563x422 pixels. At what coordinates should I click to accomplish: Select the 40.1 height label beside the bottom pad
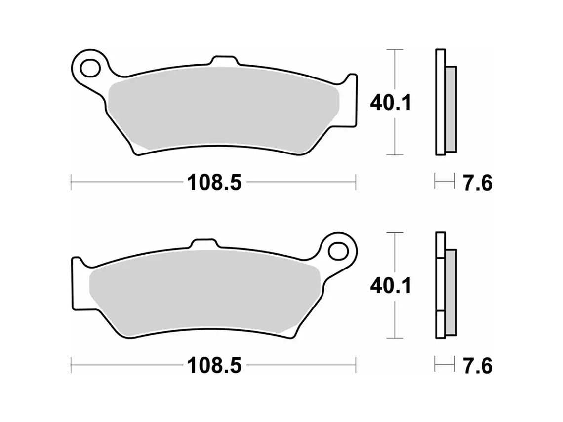click(391, 286)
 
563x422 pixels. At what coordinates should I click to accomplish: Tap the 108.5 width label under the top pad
click(214, 183)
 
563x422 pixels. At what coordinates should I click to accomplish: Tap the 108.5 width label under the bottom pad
click(214, 366)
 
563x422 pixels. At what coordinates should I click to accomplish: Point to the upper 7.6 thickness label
click(477, 183)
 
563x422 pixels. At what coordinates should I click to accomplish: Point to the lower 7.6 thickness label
click(477, 366)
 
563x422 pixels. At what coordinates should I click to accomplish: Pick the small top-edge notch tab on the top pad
click(225, 61)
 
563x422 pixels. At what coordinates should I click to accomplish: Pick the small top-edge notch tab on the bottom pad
click(203, 244)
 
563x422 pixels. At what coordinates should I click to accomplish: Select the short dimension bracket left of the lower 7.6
click(444, 365)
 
